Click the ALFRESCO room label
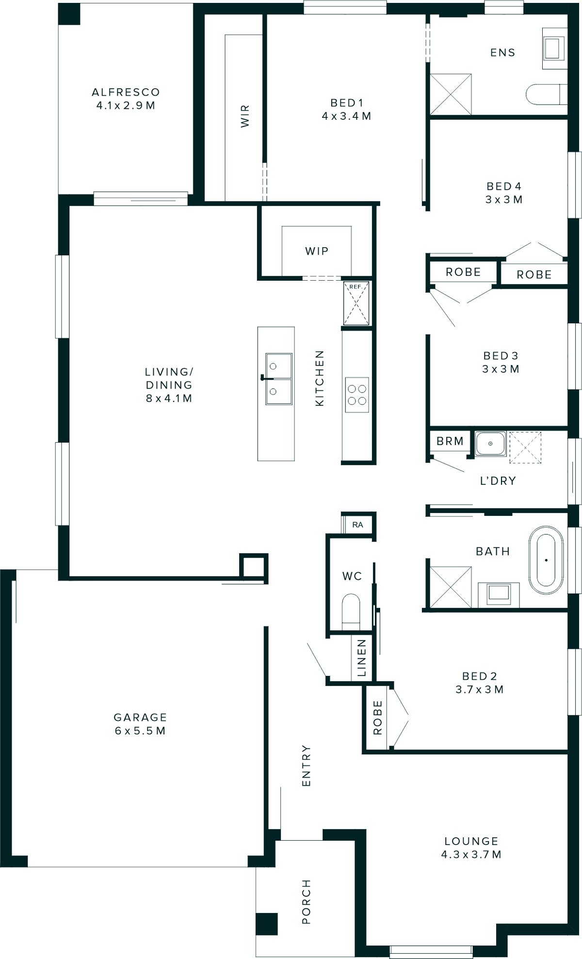click(126, 92)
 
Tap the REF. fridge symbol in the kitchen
click(356, 304)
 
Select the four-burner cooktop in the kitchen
click(356, 395)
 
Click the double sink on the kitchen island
click(278, 379)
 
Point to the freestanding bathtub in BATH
click(546, 560)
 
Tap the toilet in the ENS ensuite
click(546, 95)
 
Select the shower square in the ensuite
click(451, 94)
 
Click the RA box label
click(357, 525)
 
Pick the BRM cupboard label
click(450, 441)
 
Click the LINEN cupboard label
click(361, 657)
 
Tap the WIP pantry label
click(317, 251)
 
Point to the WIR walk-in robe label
click(245, 116)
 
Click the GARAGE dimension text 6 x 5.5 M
click(140, 731)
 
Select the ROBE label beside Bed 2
click(377, 718)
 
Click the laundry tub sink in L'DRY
click(490, 443)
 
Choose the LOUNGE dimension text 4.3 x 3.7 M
click(471, 854)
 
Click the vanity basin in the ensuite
click(553, 48)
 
